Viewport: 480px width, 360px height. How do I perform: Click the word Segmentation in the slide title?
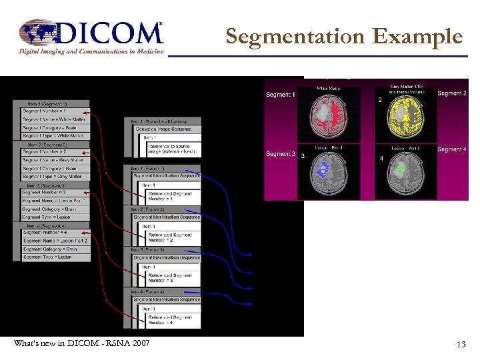point(297,36)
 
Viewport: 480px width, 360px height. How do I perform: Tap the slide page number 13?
point(461,345)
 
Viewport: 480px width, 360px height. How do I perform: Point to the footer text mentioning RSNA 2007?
point(81,343)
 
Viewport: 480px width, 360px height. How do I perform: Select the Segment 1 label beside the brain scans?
point(279,95)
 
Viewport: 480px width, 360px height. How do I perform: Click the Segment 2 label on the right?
point(451,93)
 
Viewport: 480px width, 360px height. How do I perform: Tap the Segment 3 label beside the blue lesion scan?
point(279,154)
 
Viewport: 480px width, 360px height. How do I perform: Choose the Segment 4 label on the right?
point(451,150)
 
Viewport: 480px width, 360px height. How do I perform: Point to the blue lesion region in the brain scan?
point(323,171)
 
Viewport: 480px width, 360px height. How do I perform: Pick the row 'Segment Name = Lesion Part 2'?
point(55,241)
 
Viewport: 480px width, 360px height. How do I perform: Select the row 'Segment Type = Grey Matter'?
point(55,177)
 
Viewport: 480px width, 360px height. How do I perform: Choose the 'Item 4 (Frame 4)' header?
point(148,292)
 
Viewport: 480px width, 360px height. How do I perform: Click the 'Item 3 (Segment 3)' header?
point(47,185)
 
